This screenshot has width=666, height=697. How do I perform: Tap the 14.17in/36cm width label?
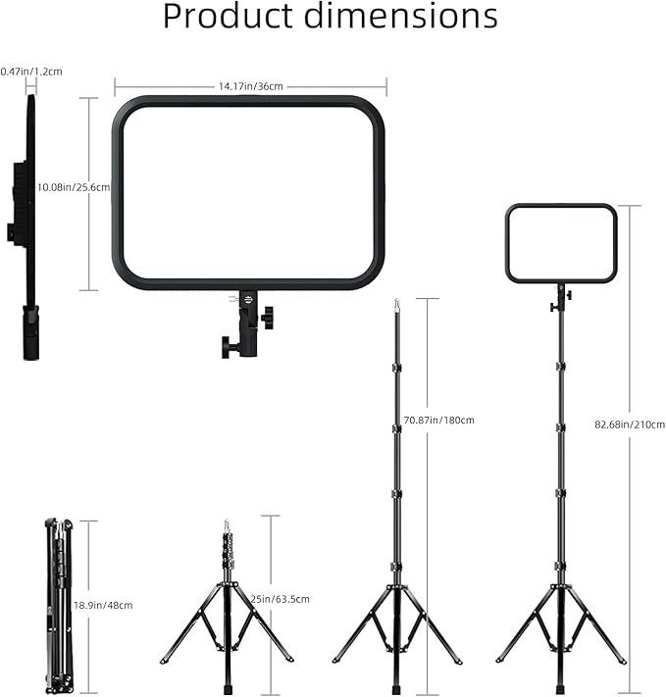(x=250, y=86)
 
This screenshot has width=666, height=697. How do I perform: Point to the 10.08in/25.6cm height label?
(x=73, y=186)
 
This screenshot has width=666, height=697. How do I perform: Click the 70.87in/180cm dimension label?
(x=438, y=421)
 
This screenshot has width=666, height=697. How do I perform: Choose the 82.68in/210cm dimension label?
(x=630, y=424)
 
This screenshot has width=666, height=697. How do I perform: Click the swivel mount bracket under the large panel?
(x=248, y=324)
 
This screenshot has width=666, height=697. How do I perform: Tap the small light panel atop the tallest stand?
(x=561, y=243)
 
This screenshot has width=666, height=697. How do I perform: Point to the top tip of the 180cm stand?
(x=396, y=303)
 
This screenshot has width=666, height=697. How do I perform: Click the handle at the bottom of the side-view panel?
(x=31, y=333)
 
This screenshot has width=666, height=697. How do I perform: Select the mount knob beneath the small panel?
(x=555, y=307)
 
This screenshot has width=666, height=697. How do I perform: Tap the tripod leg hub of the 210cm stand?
(x=560, y=587)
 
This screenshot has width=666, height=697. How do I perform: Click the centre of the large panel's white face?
(x=248, y=191)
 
